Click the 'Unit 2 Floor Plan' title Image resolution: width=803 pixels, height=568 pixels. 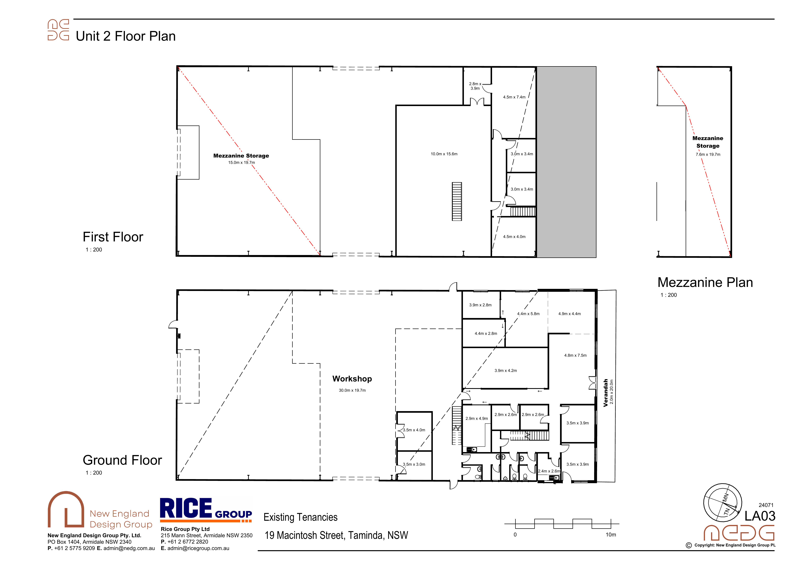[126, 36]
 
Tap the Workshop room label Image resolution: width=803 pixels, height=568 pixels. [352, 379]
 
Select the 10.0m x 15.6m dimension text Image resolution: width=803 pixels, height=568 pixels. [444, 154]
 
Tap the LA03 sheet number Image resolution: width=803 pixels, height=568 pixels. [760, 516]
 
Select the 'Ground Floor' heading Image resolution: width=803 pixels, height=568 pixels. [122, 460]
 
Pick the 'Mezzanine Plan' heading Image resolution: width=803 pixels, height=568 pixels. [705, 283]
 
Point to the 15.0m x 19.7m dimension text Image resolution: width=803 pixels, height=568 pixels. [241, 163]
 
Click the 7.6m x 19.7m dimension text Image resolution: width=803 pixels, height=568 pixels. [708, 154]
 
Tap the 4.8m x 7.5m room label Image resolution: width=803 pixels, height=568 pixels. [575, 355]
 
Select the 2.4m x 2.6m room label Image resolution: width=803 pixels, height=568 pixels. [549, 471]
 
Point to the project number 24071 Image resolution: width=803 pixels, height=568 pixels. [766, 505]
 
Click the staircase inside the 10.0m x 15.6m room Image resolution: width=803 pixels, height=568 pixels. [457, 201]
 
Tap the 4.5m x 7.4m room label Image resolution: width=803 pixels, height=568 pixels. [514, 97]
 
